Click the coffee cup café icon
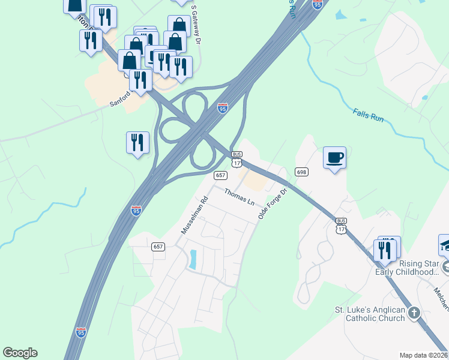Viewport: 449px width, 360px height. (x=334, y=158)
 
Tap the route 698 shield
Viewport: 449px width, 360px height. (x=301, y=172)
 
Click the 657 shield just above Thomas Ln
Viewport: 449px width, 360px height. (x=221, y=175)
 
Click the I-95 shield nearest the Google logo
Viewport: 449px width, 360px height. (x=81, y=332)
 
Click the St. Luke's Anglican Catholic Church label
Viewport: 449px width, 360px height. (x=370, y=314)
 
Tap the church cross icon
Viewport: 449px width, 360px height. (x=414, y=313)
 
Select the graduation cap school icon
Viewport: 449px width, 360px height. (x=445, y=245)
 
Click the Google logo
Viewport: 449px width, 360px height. (x=20, y=353)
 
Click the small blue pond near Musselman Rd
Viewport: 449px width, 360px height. (x=193, y=259)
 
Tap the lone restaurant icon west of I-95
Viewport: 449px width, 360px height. (x=137, y=143)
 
